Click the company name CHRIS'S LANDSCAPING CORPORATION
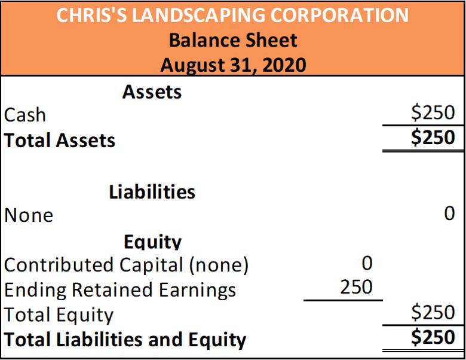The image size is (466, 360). (x=232, y=15)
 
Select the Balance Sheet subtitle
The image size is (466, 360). (x=232, y=40)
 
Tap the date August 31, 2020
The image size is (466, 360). (x=232, y=63)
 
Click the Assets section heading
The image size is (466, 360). (x=152, y=92)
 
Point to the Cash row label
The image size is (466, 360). (x=25, y=114)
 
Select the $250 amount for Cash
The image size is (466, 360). (x=433, y=112)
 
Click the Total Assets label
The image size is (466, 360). (x=60, y=140)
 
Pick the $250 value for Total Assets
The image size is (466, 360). (x=433, y=138)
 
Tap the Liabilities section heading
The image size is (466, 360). (x=152, y=192)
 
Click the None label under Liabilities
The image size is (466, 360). (x=29, y=215)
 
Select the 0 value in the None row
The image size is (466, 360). (x=449, y=213)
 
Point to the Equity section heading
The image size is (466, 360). (x=152, y=242)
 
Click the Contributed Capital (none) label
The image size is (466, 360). (x=126, y=264)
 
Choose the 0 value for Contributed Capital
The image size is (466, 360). (x=367, y=263)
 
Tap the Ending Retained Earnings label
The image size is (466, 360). (x=120, y=289)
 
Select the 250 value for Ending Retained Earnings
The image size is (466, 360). (x=356, y=287)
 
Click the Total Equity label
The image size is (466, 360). (x=59, y=314)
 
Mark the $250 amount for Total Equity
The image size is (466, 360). (x=433, y=312)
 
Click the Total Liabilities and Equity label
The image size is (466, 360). (x=125, y=339)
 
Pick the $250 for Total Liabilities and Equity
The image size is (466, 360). (x=433, y=337)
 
